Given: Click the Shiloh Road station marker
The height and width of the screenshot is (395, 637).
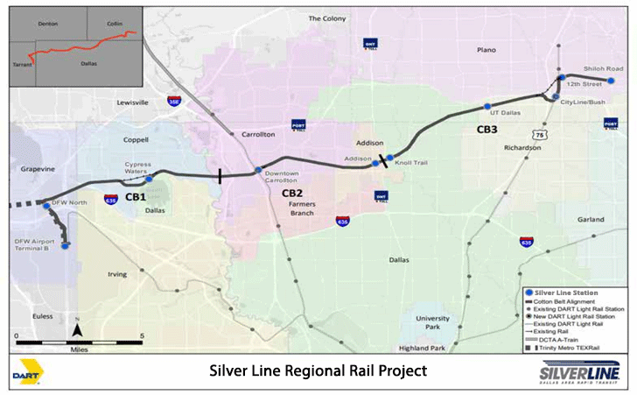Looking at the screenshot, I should point(611,81).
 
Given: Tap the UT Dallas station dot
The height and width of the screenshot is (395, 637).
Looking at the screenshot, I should point(487,107).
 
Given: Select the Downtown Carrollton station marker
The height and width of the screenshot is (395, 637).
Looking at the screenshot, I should point(257,170).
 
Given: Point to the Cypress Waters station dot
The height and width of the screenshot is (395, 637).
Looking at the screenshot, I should point(149,179).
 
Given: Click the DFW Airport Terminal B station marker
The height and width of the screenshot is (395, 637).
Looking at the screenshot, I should point(65,246).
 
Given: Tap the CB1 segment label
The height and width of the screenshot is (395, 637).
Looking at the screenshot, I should point(135,197).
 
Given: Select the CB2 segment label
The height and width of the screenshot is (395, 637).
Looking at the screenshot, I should point(292,193).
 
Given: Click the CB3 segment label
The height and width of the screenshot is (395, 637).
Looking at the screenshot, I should point(487,130).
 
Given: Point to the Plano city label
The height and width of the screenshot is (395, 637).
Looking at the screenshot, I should point(486,51).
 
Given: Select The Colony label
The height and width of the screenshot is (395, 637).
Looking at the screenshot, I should point(326,18).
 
